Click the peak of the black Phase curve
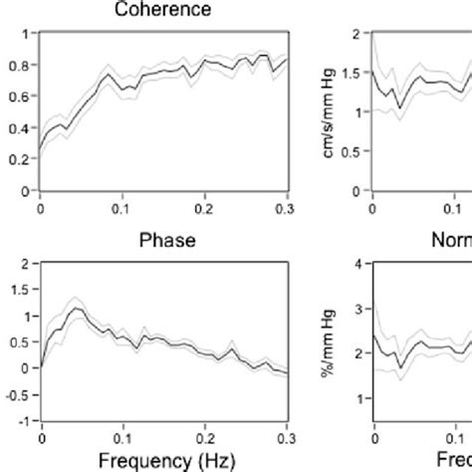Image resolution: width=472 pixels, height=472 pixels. (76, 309)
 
